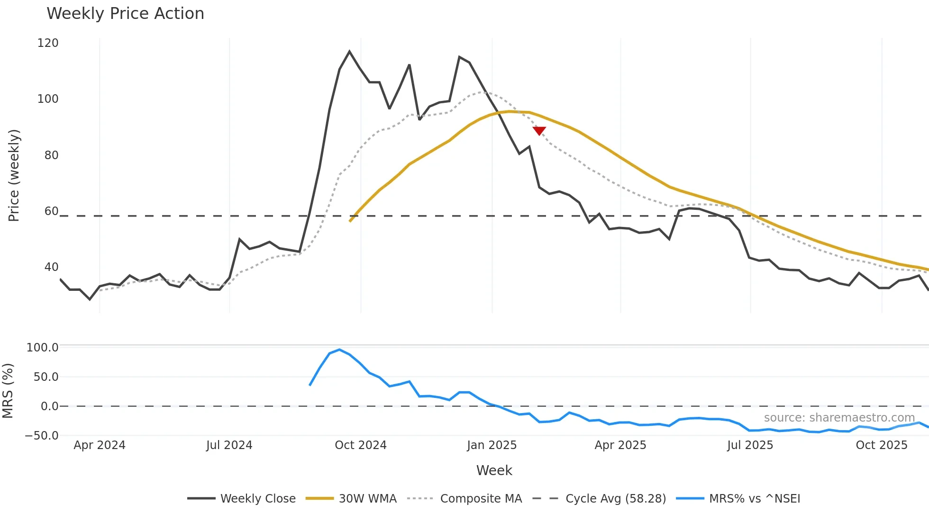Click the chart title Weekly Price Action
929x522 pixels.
pos(125,14)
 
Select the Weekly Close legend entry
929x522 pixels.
pos(242,499)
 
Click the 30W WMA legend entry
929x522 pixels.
pos(351,499)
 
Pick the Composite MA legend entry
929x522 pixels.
pos(464,499)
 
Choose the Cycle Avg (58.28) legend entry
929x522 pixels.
pos(599,499)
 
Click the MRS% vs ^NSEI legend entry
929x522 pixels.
pos(738,499)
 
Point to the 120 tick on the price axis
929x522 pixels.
pos(48,43)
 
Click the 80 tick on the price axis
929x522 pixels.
pos(51,155)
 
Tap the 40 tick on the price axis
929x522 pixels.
pos(51,267)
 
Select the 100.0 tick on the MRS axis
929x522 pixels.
pos(43,348)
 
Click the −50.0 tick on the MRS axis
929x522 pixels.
pos(42,436)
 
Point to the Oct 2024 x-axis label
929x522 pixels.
pos(361,445)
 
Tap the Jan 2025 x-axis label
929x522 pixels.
pos(492,445)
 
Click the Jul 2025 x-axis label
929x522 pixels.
pos(750,445)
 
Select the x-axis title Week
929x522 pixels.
pos(494,470)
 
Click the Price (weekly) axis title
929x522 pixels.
pos(14,175)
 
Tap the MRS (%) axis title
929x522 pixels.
pos(8,391)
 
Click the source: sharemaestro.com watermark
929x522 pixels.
pos(839,418)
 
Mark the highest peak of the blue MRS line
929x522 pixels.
pos(339,350)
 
